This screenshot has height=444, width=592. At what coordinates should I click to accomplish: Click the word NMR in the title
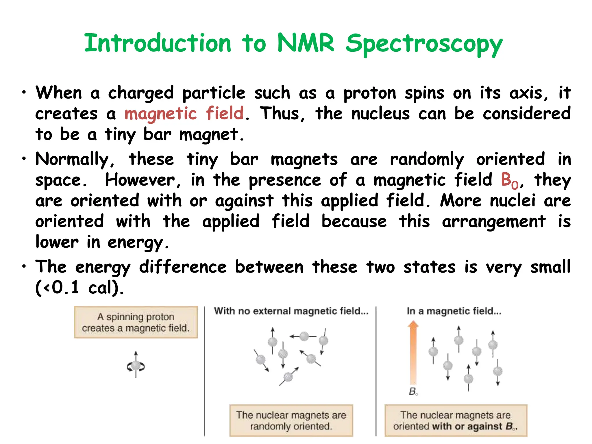(306, 43)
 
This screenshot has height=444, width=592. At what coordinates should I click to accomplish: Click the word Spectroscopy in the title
(424, 45)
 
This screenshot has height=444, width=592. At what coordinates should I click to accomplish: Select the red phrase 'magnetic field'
(184, 113)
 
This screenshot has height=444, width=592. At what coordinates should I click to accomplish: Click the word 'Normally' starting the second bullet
(72, 160)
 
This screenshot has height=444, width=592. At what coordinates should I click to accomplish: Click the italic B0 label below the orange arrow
(413, 392)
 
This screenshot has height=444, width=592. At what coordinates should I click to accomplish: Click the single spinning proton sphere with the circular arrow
(136, 366)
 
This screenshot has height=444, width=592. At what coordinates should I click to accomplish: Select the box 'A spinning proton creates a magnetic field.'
(136, 322)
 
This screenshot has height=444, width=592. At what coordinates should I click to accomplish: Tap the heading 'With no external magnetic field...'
(291, 311)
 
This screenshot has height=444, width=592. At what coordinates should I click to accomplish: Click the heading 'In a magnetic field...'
(454, 311)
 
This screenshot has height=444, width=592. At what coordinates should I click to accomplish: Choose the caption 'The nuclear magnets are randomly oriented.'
(291, 421)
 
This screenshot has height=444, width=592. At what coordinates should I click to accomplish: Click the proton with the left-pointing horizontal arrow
(304, 336)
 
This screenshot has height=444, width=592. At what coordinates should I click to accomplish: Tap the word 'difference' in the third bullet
(183, 267)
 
